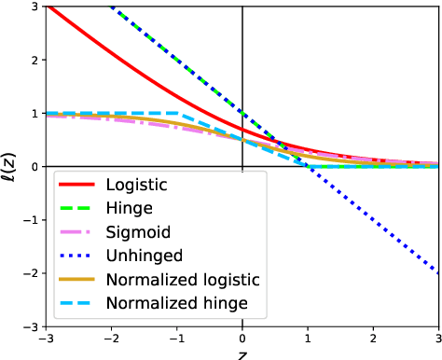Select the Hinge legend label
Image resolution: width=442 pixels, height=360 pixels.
(x=130, y=208)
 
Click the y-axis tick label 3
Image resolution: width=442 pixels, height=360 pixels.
(x=35, y=7)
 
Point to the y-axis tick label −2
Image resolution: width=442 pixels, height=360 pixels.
(x=32, y=273)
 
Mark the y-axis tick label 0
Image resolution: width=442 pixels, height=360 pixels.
(x=35, y=167)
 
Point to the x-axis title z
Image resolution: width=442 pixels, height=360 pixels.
(x=242, y=354)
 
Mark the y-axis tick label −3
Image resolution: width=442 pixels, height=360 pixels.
(x=32, y=326)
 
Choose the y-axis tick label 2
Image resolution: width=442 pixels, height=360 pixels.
(x=35, y=60)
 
